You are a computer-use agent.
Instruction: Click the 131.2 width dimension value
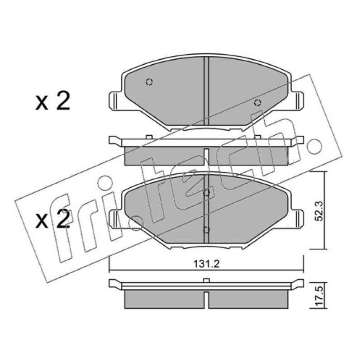coord(206,264)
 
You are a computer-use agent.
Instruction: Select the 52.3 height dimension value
coord(319,211)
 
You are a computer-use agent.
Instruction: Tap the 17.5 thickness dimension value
coord(319,296)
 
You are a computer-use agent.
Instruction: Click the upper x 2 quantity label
coord(52,101)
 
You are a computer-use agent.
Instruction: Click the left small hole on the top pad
coord(149,82)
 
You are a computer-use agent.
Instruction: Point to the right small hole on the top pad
coord(257,103)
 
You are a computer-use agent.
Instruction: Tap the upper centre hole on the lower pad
coord(206,193)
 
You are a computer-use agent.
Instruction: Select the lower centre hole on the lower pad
coord(206,230)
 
